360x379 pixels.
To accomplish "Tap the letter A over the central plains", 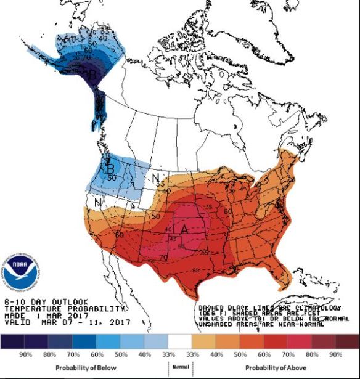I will coord(183,229).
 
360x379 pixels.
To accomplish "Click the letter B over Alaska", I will coord(92,75).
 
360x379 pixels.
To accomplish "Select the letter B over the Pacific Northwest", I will coord(110,168).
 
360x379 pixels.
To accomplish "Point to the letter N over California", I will coord(97,202).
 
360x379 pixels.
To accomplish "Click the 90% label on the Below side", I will coord(27,356).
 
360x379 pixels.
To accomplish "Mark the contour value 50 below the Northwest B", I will coord(112,177).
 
